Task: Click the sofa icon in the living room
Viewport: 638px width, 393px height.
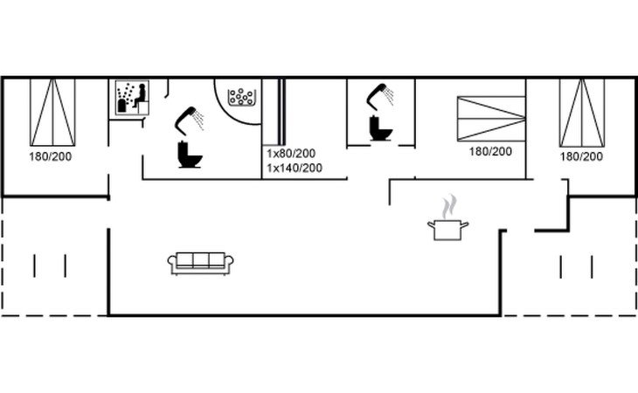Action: [x=201, y=264]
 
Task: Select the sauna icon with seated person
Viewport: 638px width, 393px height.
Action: [x=132, y=98]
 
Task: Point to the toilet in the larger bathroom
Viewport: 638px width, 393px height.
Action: [x=190, y=155]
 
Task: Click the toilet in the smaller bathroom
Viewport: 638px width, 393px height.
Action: [x=381, y=128]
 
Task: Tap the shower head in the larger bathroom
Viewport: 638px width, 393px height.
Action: [x=189, y=120]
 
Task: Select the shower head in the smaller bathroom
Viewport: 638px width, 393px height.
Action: [x=380, y=97]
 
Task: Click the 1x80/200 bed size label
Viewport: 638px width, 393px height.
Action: [x=291, y=154]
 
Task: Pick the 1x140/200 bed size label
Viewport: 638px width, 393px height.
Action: [x=295, y=168]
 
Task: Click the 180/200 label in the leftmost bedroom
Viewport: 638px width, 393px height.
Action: [x=51, y=156]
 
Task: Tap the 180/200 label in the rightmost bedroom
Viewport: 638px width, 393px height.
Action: [x=581, y=156]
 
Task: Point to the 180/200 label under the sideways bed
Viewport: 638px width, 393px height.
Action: [x=490, y=152]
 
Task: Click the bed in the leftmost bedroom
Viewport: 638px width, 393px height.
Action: [x=52, y=112]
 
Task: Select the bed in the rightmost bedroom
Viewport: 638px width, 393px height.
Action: [x=582, y=113]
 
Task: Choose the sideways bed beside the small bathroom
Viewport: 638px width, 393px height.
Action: [x=491, y=119]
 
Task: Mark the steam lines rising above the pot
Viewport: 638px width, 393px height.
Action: [x=449, y=206]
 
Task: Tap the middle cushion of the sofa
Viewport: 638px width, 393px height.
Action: [x=201, y=260]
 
